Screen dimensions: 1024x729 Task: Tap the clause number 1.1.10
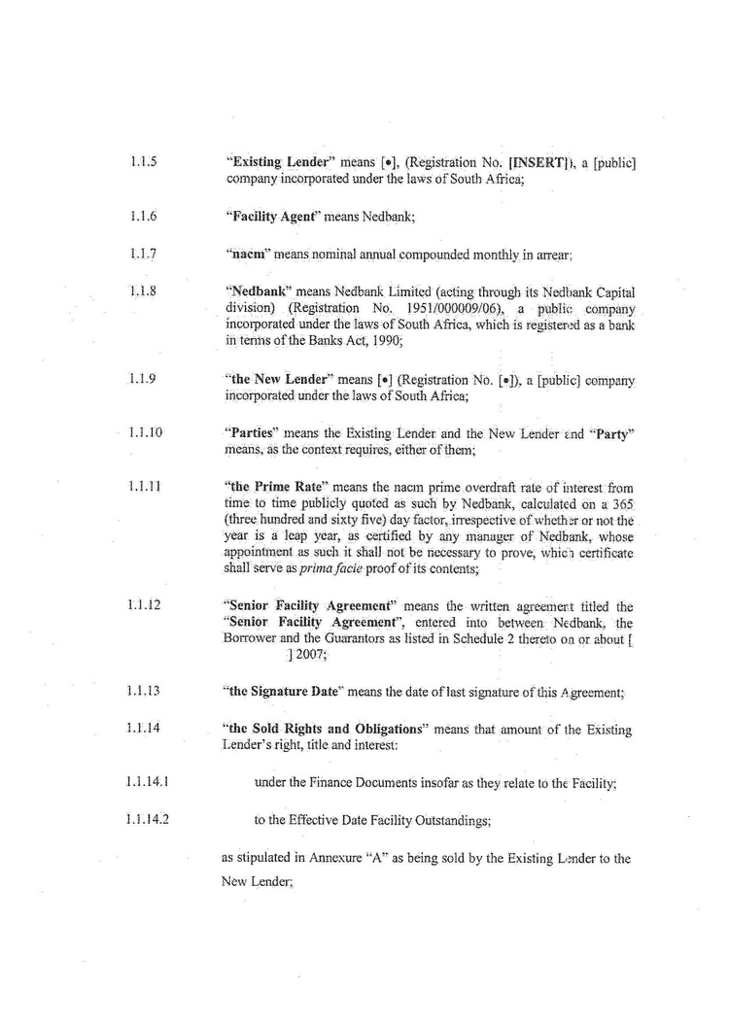(x=145, y=432)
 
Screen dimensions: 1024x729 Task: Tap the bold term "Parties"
(x=251, y=432)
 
